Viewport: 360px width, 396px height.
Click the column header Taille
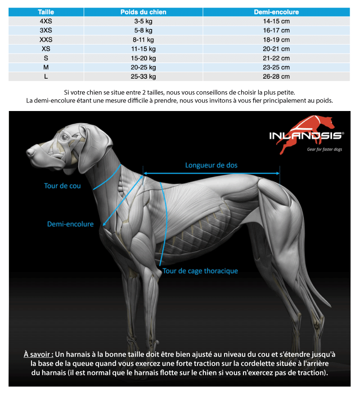46,12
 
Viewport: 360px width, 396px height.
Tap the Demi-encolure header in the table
276,12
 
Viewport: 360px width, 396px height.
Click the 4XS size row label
46,21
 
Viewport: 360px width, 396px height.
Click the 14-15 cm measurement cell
276,21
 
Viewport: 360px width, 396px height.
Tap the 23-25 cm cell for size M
276,67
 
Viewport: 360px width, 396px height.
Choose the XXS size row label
46,40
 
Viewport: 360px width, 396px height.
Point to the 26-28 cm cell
276,76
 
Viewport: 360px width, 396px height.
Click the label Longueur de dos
211,165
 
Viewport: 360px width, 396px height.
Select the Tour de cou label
63,185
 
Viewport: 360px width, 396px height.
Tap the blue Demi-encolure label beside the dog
70,224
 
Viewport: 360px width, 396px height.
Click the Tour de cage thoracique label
200,271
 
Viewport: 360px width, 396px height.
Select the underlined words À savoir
38,354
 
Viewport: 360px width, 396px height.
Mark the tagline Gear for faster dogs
324,149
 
